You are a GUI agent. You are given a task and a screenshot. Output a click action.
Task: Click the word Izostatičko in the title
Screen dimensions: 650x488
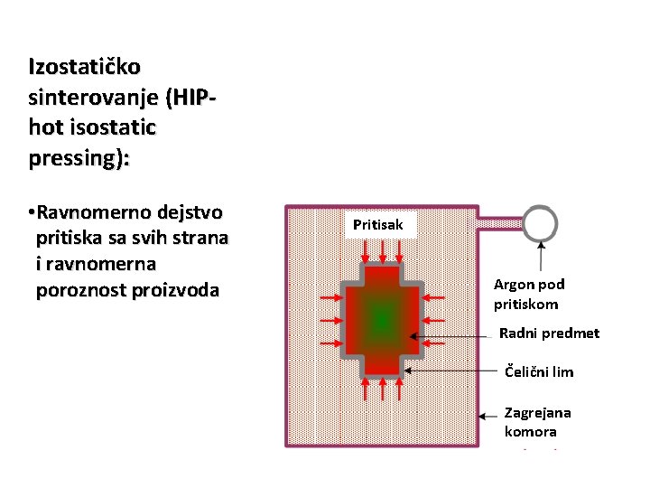pos(78,67)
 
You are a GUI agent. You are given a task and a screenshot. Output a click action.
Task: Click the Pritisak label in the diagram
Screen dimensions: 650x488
pos(378,224)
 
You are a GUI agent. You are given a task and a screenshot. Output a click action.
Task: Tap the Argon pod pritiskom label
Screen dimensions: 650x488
pos(528,295)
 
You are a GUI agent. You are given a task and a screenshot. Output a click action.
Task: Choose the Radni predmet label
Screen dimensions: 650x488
pos(549,333)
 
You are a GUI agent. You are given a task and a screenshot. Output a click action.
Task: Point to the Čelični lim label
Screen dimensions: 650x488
pos(538,371)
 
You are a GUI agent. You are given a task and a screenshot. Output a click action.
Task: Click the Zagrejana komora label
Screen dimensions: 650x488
pos(537,422)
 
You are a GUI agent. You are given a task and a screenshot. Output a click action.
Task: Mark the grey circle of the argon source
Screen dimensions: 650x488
pos(540,221)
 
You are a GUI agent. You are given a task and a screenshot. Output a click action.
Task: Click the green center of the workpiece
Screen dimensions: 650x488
pos(381,317)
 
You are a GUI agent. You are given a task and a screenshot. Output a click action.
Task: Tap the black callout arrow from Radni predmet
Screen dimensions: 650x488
pos(460,336)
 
